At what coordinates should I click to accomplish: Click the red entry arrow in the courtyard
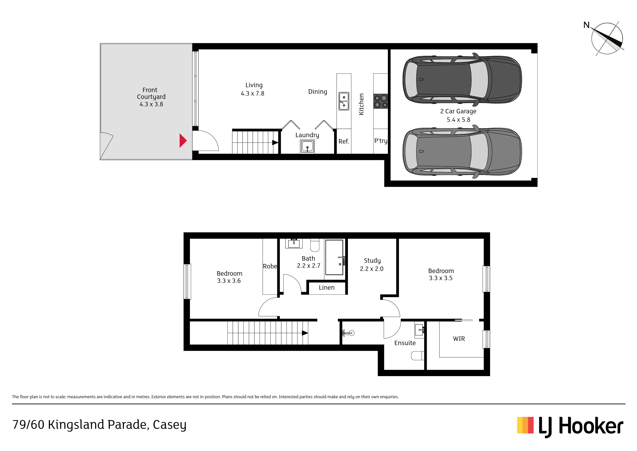pos(183,141)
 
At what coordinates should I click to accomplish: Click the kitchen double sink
pos(344,101)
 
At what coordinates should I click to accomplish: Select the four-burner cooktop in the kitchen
pos(381,101)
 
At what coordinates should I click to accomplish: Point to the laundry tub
pos(307,146)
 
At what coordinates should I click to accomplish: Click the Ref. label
pos(344,141)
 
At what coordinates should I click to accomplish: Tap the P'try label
pos(381,141)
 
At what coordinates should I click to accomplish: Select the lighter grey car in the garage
pos(462,151)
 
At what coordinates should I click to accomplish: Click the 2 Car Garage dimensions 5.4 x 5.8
pos(458,120)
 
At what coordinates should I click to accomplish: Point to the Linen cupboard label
pos(326,288)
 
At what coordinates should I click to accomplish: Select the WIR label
pos(459,339)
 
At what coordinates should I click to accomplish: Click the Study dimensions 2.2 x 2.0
pos(372,269)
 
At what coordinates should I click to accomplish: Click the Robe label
pos(270,266)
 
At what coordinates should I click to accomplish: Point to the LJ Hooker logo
pos(570,427)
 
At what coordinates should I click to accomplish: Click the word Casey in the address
pos(170,425)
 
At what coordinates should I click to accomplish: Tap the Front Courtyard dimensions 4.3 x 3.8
pos(151,104)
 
